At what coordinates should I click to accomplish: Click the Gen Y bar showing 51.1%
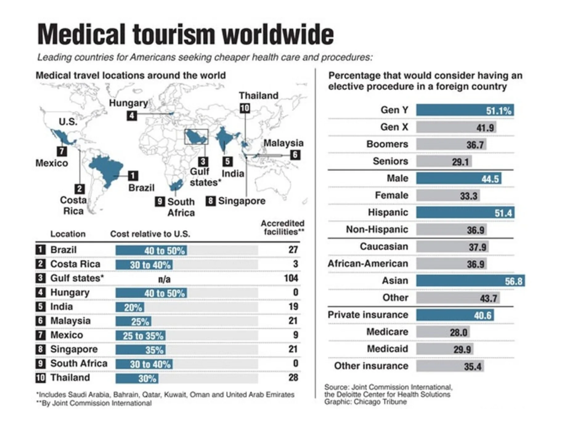point(464,110)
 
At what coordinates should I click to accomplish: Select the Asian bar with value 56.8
point(470,281)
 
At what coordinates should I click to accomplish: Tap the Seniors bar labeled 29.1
point(444,161)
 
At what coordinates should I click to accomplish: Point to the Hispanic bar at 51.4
point(465,212)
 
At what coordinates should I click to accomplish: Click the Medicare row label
point(387,332)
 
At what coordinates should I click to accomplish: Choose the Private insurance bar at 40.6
point(454,315)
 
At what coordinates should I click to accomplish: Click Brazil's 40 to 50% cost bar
point(151,250)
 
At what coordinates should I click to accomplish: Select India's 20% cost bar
point(130,307)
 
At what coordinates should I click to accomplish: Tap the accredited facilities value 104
point(291,278)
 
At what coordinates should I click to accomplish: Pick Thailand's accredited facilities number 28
point(293,377)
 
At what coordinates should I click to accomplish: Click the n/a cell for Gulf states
point(164,279)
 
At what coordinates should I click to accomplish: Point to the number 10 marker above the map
point(245,108)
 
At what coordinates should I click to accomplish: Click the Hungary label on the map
point(128,103)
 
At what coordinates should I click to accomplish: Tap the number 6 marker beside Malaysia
point(295,155)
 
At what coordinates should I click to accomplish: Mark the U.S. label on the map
point(68,122)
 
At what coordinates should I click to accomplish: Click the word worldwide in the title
point(278,34)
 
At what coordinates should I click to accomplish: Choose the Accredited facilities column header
point(282,228)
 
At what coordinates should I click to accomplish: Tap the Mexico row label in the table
point(67,335)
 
